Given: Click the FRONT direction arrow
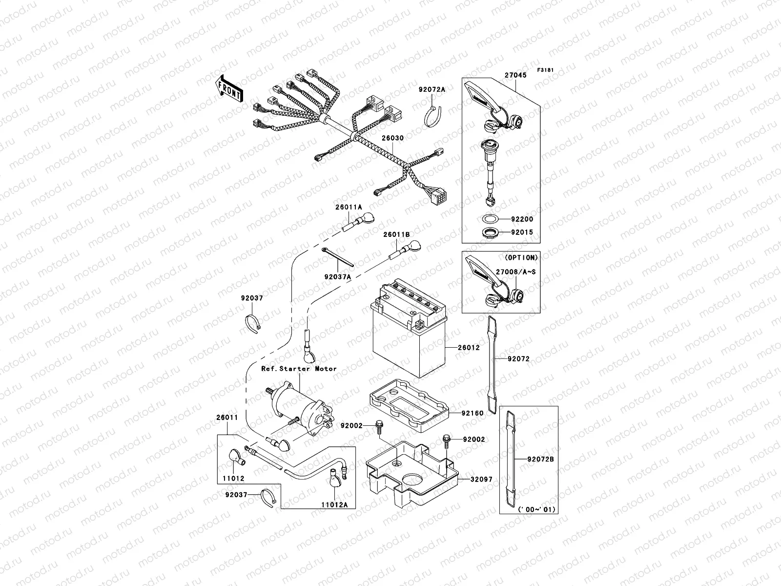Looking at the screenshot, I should point(229,88).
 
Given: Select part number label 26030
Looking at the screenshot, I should point(392,138).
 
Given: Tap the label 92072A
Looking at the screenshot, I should point(432,90).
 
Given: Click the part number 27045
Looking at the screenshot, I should point(515,76).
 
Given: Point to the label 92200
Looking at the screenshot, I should point(522,220).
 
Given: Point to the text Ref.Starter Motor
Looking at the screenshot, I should point(299,369).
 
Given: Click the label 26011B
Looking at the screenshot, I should point(396,235).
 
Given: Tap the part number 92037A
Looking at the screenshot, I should point(338,276).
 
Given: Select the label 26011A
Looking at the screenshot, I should point(349,207).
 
